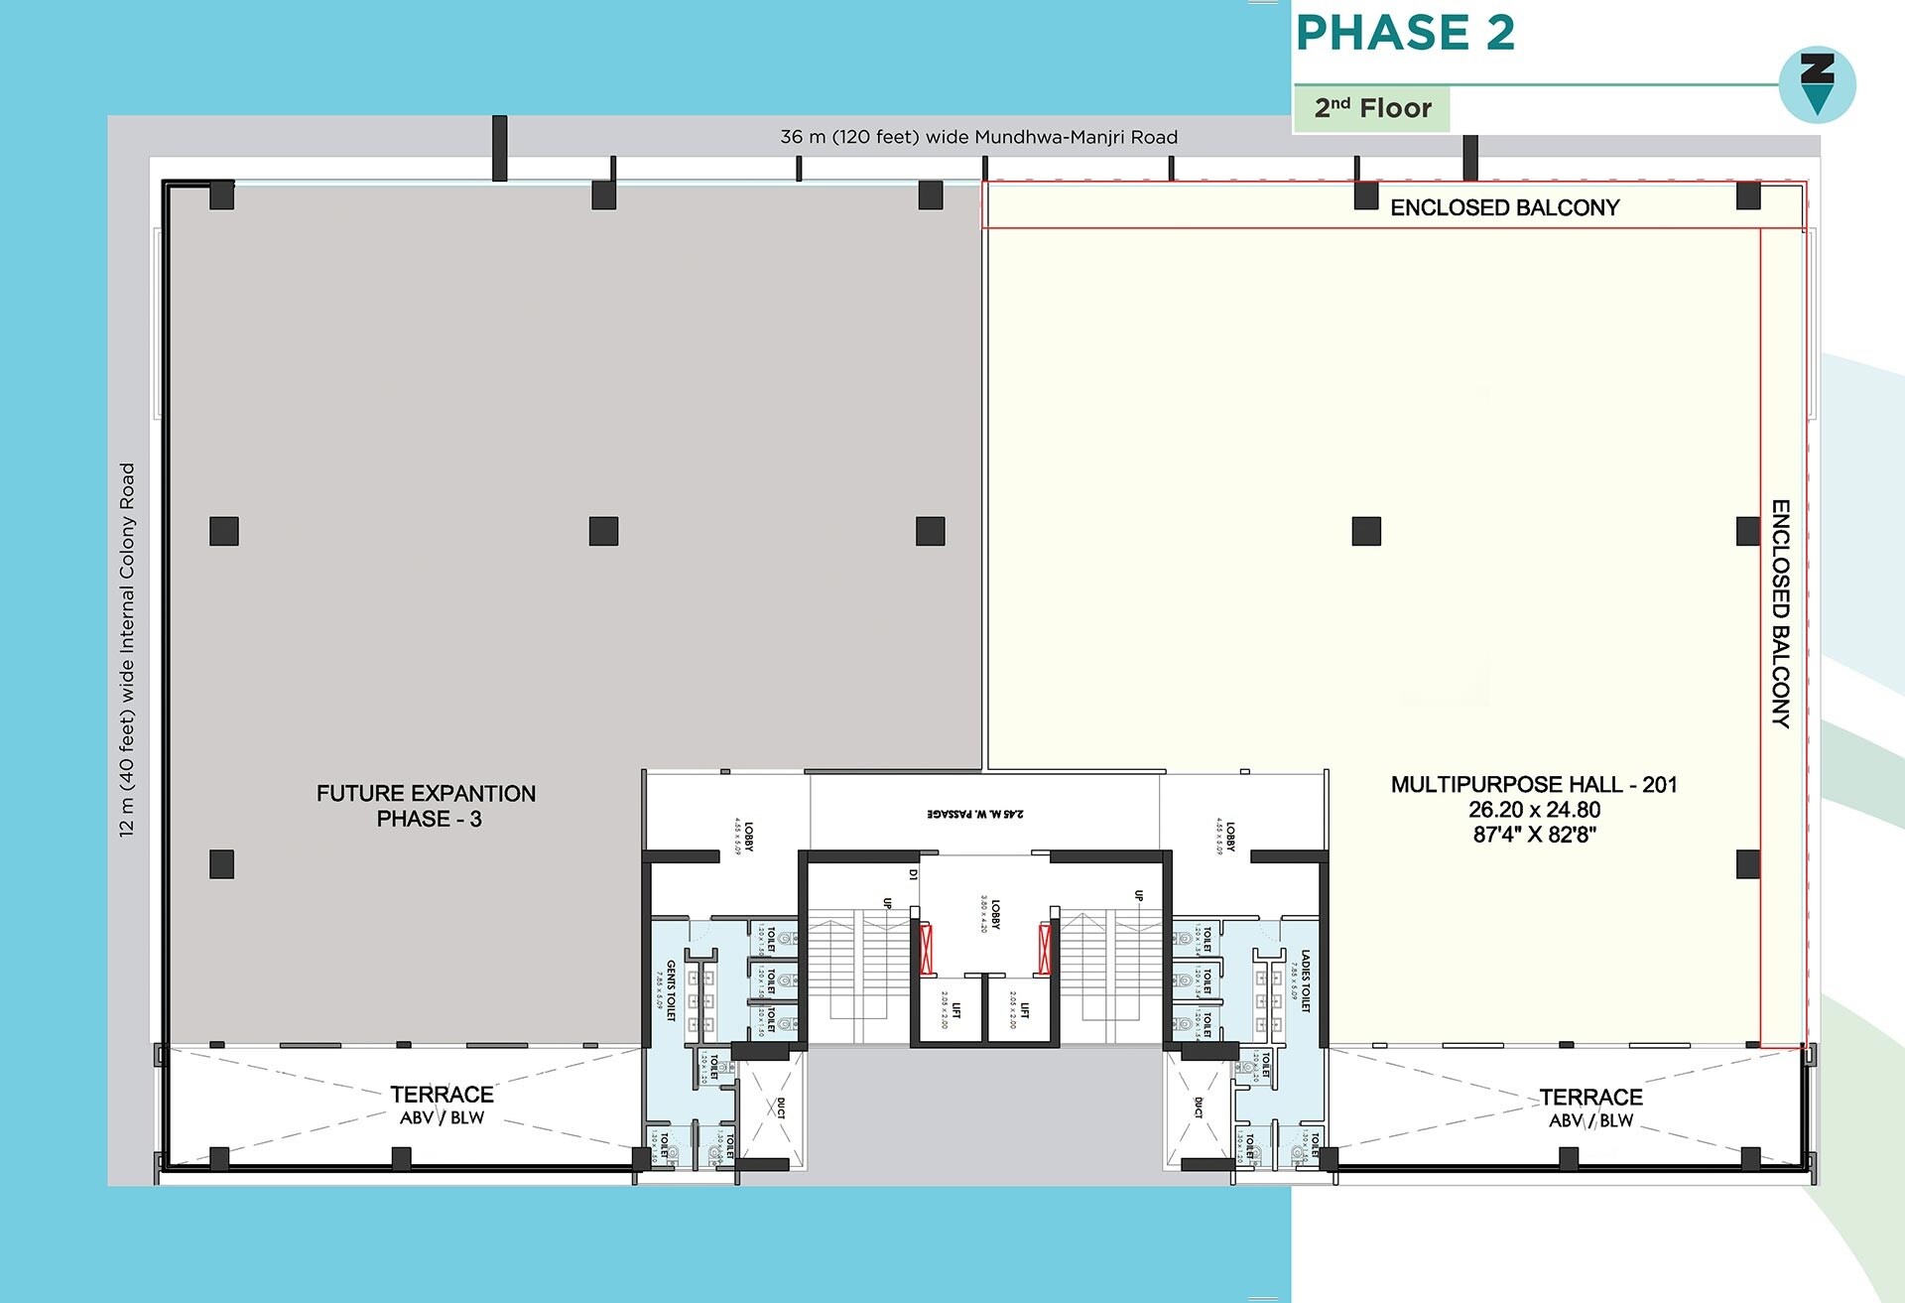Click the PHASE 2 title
click(x=1405, y=33)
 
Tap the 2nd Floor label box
click(x=1372, y=108)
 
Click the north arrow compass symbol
click(x=1817, y=84)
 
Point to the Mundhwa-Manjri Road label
click(x=978, y=137)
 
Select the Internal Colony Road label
click(x=127, y=650)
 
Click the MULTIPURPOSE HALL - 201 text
click(x=1533, y=785)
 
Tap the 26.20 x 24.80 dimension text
click(x=1534, y=810)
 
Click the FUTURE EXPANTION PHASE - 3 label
click(x=427, y=806)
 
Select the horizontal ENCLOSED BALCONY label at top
click(x=1504, y=207)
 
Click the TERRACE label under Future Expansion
click(x=442, y=1095)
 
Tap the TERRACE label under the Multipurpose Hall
click(x=1590, y=1098)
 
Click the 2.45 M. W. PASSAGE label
click(x=975, y=814)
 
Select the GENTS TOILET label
click(x=671, y=989)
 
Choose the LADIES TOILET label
click(x=1306, y=980)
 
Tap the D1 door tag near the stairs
click(x=913, y=874)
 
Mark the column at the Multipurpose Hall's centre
click(x=1366, y=531)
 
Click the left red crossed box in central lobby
click(x=927, y=949)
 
